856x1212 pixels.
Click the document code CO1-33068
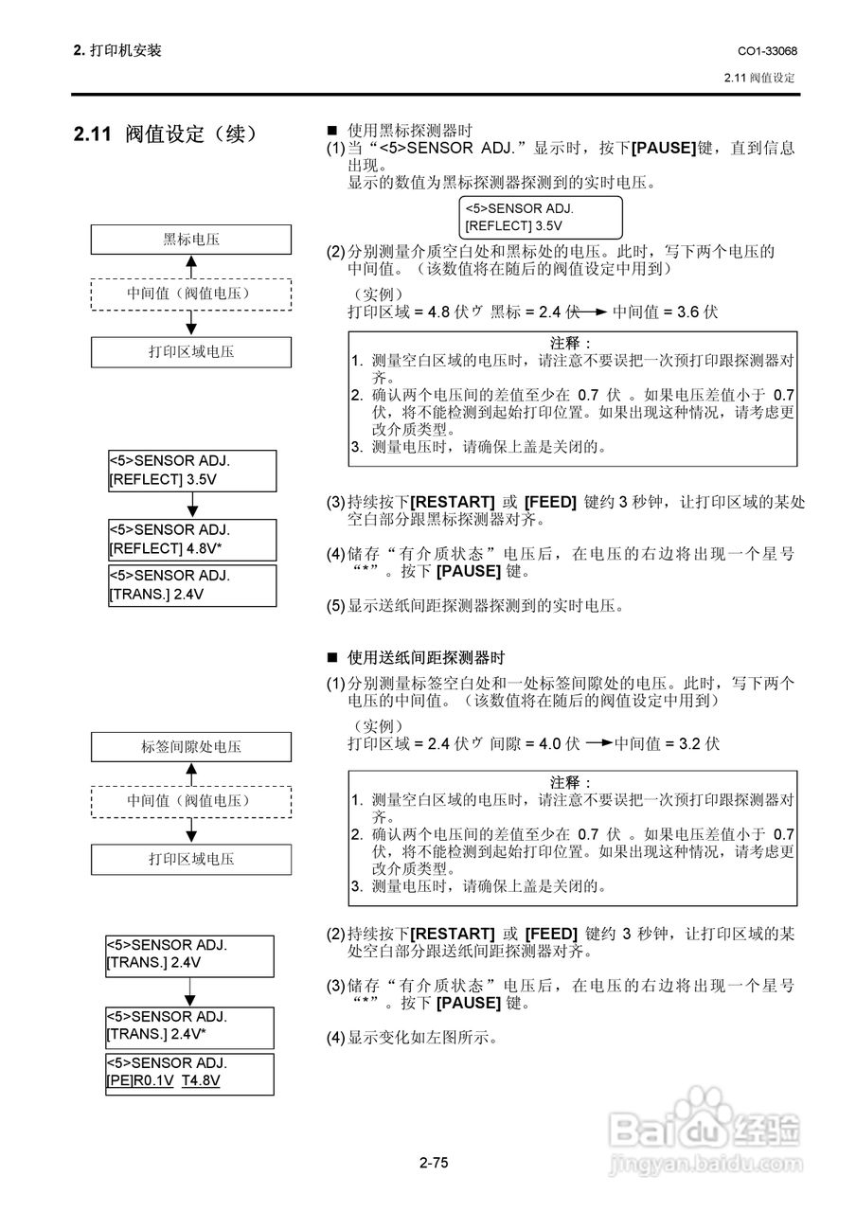click(766, 50)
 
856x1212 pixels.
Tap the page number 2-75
click(434, 1162)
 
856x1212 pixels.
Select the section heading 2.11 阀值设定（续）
click(165, 134)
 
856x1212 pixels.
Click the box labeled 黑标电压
click(190, 240)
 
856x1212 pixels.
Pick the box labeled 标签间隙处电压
click(190, 746)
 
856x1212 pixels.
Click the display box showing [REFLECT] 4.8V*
click(191, 539)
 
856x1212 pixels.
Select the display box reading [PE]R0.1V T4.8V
click(190, 1073)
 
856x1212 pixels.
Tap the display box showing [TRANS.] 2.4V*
click(190, 1026)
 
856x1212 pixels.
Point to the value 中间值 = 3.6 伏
click(666, 311)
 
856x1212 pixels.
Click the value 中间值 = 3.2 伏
click(667, 743)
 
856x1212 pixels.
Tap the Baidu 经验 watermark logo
click(704, 1127)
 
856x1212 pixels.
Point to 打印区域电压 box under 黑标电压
click(190, 351)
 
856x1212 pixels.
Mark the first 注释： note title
click(572, 342)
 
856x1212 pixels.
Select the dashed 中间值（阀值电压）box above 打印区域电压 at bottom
click(190, 801)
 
